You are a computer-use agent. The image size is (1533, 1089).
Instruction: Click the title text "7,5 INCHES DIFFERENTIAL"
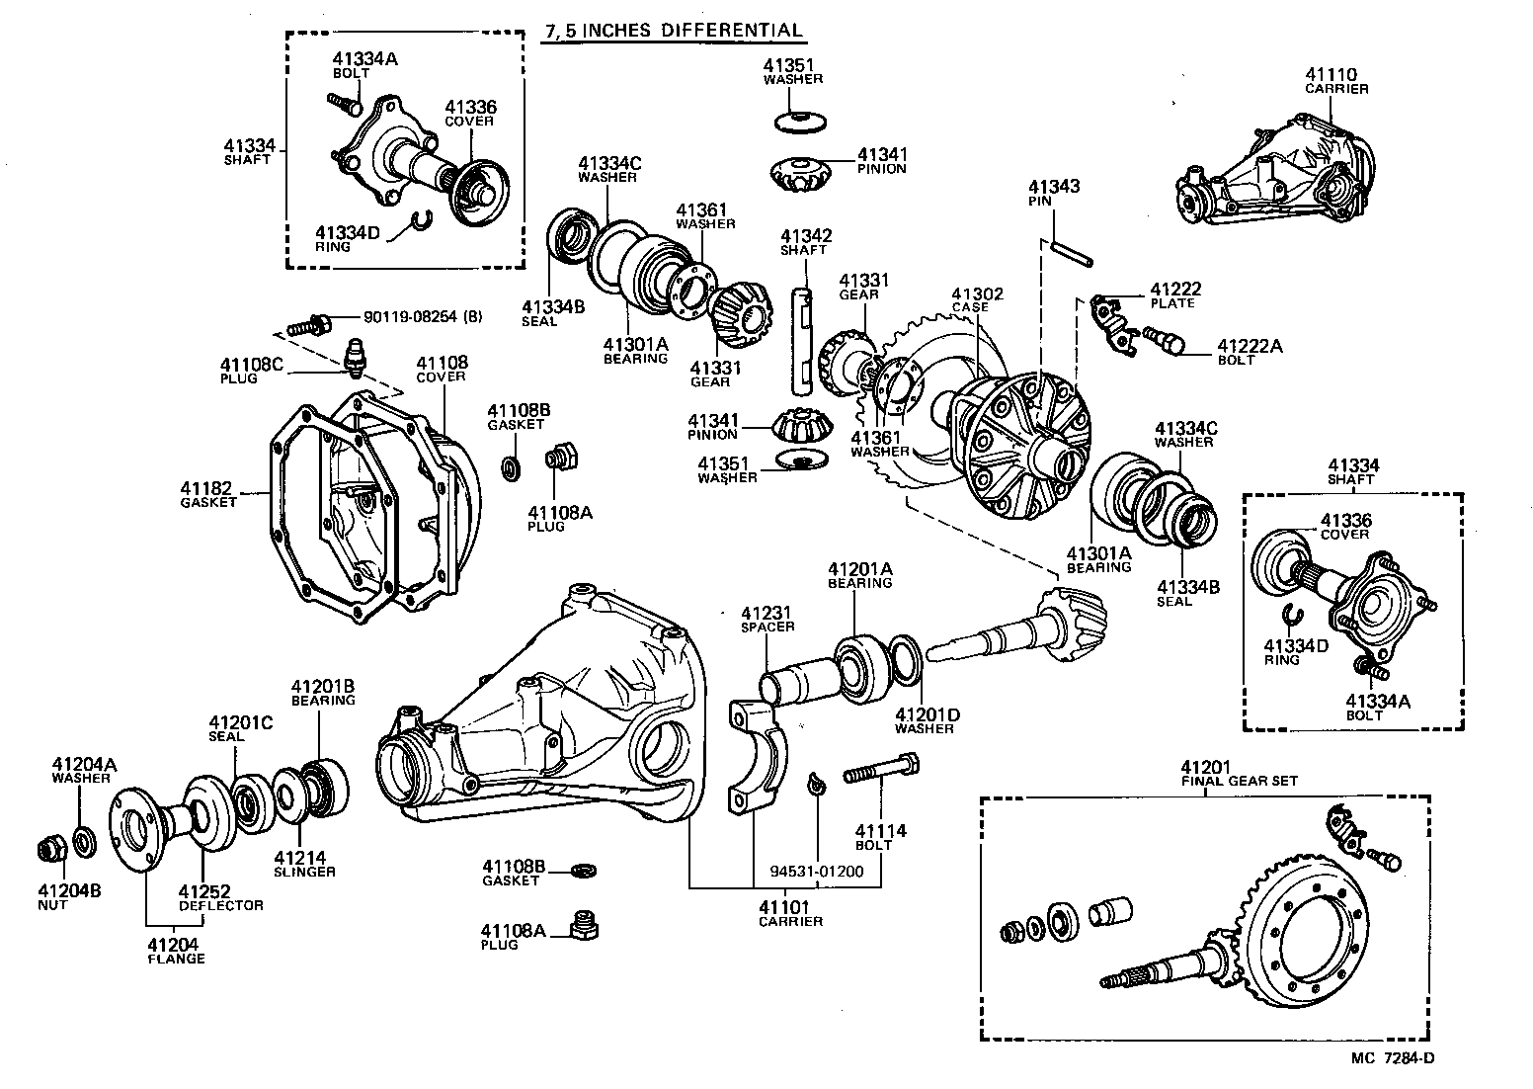pyautogui.click(x=674, y=31)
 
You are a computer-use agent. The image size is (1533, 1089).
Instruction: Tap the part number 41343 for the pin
pyautogui.click(x=1054, y=187)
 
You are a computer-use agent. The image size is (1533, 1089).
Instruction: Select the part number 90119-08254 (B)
pyautogui.click(x=423, y=317)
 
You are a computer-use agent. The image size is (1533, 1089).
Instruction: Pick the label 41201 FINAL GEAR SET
pyautogui.click(x=1239, y=774)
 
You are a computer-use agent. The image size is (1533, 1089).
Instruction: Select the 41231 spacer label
pyautogui.click(x=767, y=619)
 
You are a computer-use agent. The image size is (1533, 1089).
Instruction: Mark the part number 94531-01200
pyautogui.click(x=816, y=872)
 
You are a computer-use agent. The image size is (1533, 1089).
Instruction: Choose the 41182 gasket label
pyautogui.click(x=207, y=494)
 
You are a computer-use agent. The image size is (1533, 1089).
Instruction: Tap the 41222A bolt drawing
pyautogui.click(x=1168, y=343)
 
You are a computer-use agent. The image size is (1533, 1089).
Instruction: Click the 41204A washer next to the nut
pyautogui.click(x=84, y=841)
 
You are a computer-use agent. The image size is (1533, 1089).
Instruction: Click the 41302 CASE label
pyautogui.click(x=977, y=299)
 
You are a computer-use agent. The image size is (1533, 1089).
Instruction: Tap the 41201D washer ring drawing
pyautogui.click(x=907, y=659)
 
